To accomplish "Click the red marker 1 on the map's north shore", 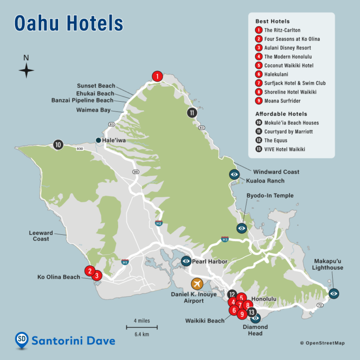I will click(x=157, y=76).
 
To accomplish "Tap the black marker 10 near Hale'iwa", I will click(x=58, y=145).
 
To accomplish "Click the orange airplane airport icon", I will click(x=197, y=284).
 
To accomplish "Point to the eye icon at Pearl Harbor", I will click(x=186, y=261).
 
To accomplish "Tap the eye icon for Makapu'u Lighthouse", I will click(x=334, y=293).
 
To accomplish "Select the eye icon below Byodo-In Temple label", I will click(x=242, y=228).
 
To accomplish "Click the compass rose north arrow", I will click(x=26, y=70).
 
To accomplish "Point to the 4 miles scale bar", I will click(x=142, y=327).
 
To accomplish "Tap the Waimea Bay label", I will click(x=94, y=110).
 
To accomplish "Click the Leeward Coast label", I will click(x=41, y=236).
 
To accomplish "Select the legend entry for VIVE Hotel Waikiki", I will click(x=284, y=149).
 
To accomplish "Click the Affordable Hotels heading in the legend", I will click(x=281, y=114).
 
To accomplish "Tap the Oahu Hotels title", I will click(x=69, y=23).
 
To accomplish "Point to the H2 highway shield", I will click(x=158, y=223).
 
